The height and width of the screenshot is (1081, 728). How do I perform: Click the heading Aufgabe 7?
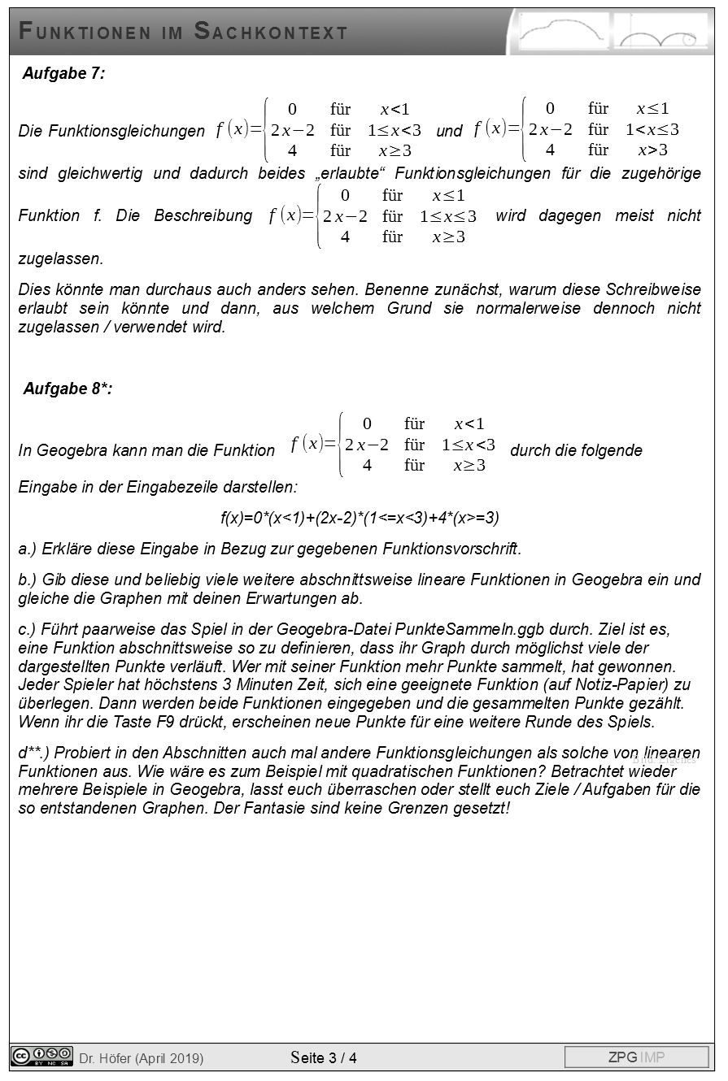[63, 74]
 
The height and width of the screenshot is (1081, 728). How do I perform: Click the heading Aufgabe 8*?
[68, 389]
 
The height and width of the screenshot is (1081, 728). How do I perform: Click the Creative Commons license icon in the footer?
[41, 1057]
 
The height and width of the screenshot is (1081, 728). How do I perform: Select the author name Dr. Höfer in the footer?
[105, 1058]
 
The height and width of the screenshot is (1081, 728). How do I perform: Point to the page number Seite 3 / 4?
[324, 1057]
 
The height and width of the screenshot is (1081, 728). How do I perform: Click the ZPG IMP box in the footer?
[636, 1057]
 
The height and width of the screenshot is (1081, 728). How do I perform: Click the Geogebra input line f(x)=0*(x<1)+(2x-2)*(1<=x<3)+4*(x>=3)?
[360, 518]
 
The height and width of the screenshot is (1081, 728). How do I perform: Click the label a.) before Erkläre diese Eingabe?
[28, 549]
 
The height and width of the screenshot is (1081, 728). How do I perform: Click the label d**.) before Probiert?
[35, 753]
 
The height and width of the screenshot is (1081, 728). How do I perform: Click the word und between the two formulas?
[449, 131]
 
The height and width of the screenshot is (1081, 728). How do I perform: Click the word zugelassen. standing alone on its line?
[61, 259]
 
